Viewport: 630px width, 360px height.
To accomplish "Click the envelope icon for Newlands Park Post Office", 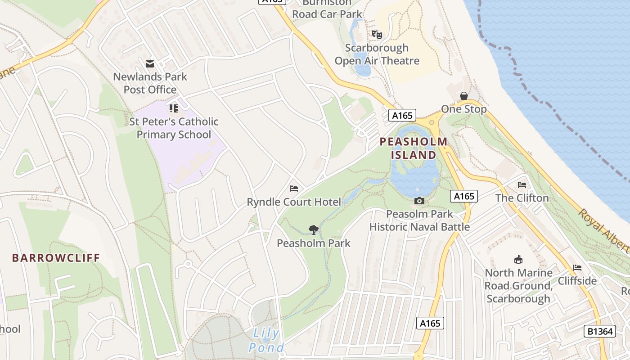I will [x=150, y=64].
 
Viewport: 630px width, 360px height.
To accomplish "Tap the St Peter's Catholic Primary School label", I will [x=174, y=128].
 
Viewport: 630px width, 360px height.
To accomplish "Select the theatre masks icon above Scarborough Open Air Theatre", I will [x=377, y=34].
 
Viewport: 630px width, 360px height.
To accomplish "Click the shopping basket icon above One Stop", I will [x=463, y=96].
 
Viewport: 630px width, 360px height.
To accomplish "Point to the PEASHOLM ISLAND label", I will [x=414, y=148].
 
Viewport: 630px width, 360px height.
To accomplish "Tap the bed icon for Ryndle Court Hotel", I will [x=294, y=189].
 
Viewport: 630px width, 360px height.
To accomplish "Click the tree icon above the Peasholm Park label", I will [x=314, y=230].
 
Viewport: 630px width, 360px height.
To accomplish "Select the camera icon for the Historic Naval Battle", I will [x=419, y=201].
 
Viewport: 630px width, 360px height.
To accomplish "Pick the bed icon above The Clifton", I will [x=522, y=185].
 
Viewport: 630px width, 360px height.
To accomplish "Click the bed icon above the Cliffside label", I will [x=577, y=268].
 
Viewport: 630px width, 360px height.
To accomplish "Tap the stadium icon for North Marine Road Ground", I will [x=518, y=260].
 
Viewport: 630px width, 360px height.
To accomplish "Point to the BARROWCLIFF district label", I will [x=56, y=258].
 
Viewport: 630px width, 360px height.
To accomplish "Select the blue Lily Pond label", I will [x=266, y=341].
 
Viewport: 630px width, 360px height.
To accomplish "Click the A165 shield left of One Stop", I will [x=402, y=116].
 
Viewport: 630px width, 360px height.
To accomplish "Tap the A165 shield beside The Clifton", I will [x=464, y=196].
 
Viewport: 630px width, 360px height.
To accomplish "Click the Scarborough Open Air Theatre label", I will [x=377, y=54].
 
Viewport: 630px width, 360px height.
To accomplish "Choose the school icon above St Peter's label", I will [x=174, y=108].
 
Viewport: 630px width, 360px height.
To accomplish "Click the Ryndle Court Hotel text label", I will [x=294, y=202].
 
